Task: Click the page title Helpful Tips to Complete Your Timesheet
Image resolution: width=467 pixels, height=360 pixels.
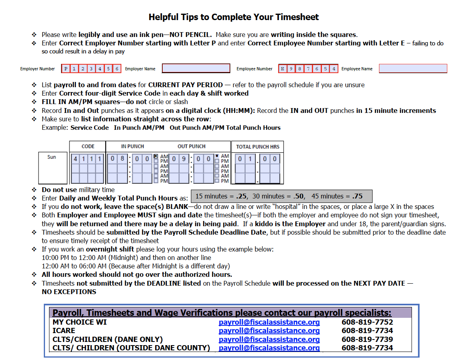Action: pos(233,17)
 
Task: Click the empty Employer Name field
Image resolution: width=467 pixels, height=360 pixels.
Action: pos(196,68)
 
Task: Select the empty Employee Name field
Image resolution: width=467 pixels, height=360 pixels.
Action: pos(413,68)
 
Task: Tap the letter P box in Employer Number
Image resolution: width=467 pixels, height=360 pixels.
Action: pos(66,69)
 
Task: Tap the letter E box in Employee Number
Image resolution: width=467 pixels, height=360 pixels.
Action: pos(283,69)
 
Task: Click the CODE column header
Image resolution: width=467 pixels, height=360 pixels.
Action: pos(88,147)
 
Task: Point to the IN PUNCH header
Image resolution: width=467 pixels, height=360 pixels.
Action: pos(132,147)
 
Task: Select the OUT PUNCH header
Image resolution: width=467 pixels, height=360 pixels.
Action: pos(192,147)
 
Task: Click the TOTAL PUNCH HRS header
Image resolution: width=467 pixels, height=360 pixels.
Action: pos(258,147)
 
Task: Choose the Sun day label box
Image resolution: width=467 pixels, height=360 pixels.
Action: pos(53,168)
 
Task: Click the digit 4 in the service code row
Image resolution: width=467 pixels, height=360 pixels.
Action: pos(75,159)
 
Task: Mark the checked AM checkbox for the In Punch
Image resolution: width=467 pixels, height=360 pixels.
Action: pos(156,156)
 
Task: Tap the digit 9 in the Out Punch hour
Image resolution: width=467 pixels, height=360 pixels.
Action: pos(184,159)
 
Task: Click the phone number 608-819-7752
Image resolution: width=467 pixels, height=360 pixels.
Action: pos(367,322)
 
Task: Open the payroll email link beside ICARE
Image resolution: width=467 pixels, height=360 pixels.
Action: pos(269,331)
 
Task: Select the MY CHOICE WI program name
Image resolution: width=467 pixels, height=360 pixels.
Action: pos(80,322)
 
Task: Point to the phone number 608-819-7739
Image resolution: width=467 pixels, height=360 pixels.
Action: pos(367,339)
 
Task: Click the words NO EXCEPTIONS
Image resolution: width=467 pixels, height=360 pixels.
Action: pos(69,292)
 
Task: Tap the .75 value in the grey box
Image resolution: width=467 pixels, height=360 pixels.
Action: pos(357,196)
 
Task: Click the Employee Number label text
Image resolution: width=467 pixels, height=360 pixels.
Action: pos(254,69)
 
